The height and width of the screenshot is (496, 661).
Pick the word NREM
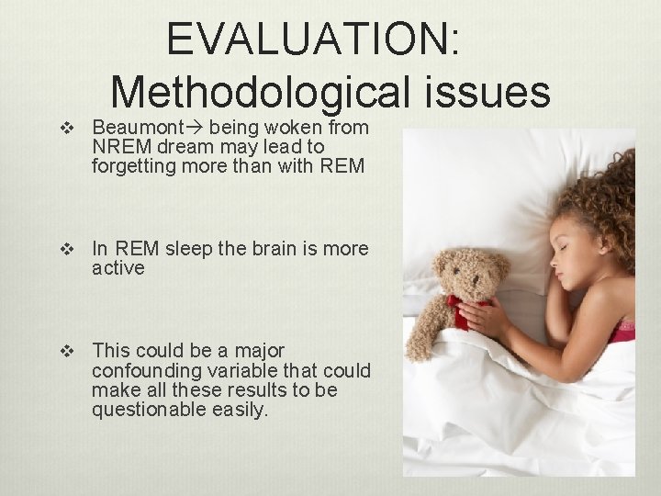click(x=119, y=147)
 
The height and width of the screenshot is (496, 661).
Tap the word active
click(x=118, y=268)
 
